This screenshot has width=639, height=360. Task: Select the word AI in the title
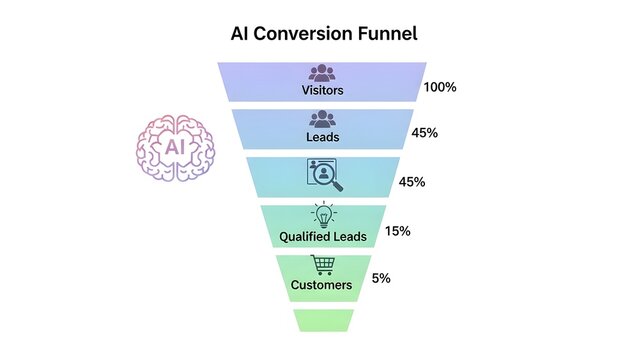(x=240, y=34)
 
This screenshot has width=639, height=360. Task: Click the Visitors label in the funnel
(x=322, y=90)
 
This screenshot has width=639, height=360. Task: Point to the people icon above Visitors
(x=322, y=73)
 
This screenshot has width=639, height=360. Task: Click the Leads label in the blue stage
(x=322, y=136)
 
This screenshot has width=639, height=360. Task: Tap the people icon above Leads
(x=322, y=119)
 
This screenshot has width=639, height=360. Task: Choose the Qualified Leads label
(x=322, y=238)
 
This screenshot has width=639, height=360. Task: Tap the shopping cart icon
(x=322, y=265)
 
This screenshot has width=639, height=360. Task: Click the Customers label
(x=322, y=285)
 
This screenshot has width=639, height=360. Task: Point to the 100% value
(x=440, y=87)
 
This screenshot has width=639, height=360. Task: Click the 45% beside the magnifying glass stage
(x=413, y=182)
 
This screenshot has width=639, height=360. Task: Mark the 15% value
(x=398, y=231)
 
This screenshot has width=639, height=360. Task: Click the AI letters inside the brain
(x=176, y=148)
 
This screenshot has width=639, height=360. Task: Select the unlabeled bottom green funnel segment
(x=324, y=320)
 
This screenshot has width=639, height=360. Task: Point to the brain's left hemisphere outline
(x=150, y=148)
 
